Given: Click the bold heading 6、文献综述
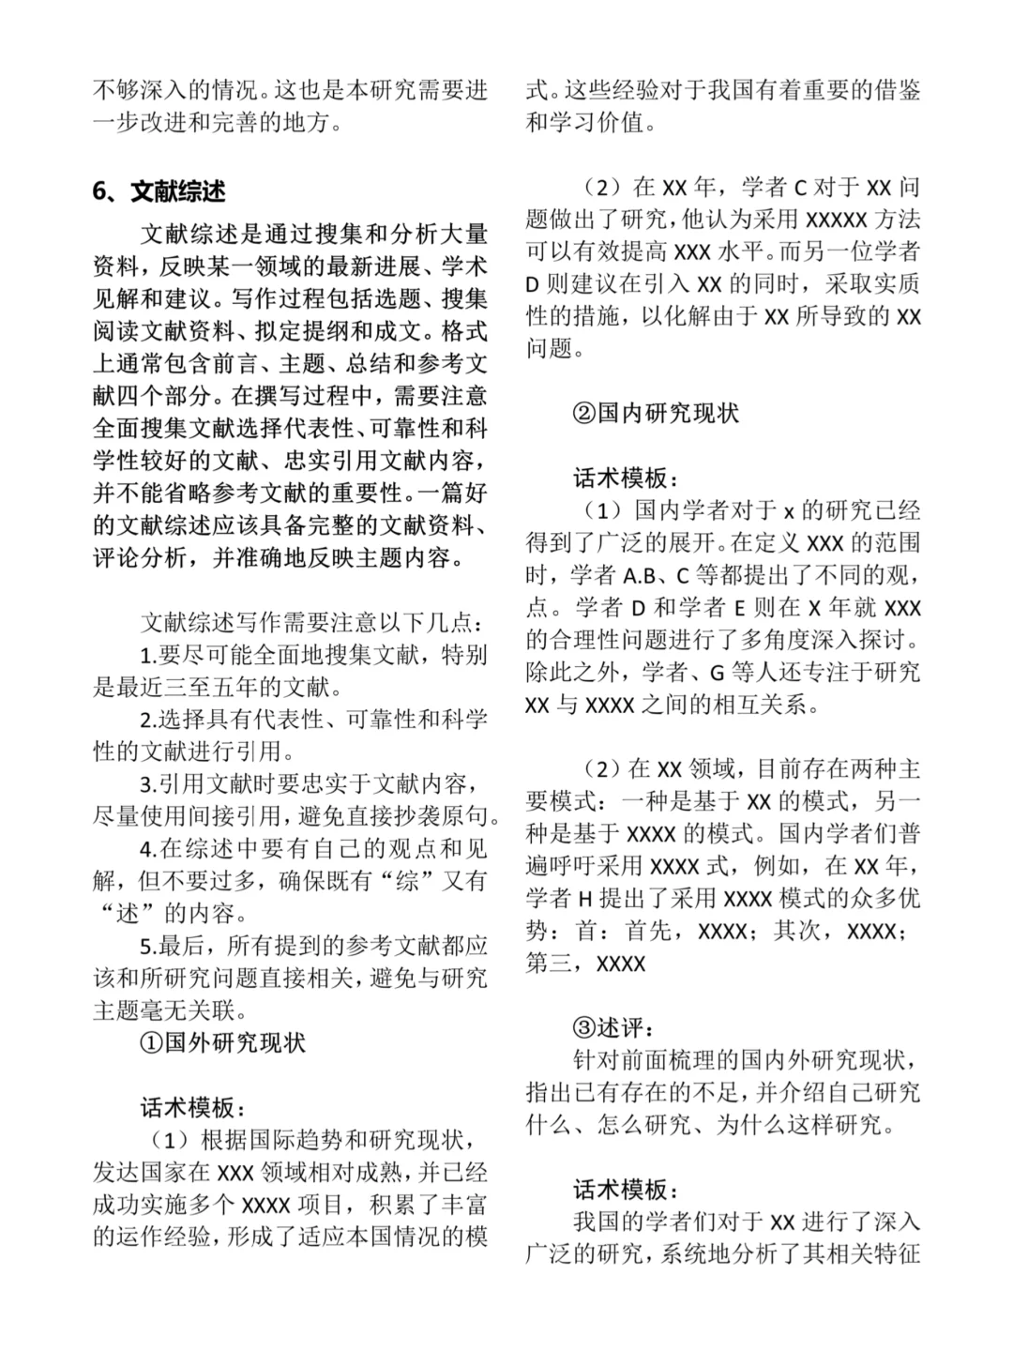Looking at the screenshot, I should (159, 191).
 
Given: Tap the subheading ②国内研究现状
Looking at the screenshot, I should (656, 413).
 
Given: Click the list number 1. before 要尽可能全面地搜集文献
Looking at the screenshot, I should (149, 655).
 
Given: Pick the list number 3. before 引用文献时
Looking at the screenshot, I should (149, 783).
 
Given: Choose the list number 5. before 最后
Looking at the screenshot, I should (149, 945).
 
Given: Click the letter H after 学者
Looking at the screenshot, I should (584, 899).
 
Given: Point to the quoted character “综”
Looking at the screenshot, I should (406, 881).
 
